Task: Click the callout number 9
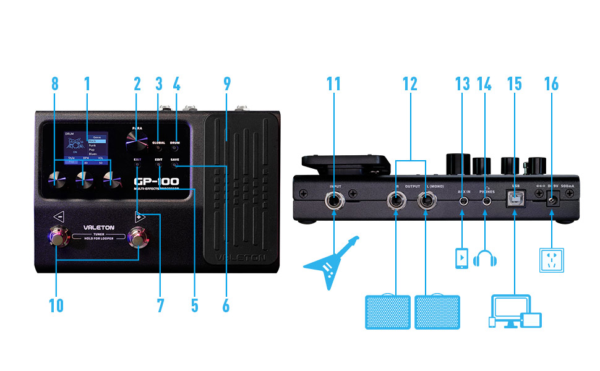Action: (226, 83)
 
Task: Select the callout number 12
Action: (409, 83)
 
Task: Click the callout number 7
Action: (160, 305)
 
